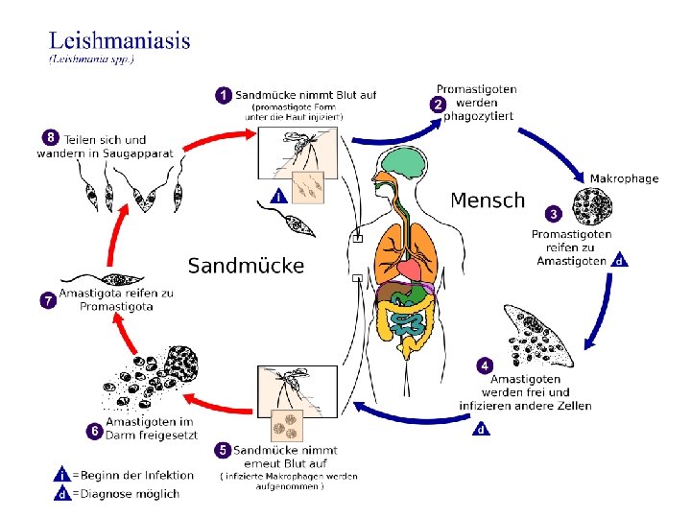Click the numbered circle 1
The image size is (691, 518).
click(223, 95)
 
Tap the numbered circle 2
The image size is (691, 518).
click(438, 104)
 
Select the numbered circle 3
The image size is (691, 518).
click(553, 212)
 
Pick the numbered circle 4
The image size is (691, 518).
click(486, 365)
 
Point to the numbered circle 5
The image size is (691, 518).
click(223, 449)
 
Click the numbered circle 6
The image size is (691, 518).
click(95, 432)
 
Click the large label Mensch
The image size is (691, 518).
click(488, 200)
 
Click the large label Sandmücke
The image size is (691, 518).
click(246, 266)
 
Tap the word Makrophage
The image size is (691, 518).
click(624, 178)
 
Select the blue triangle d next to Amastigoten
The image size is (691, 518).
click(620, 259)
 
